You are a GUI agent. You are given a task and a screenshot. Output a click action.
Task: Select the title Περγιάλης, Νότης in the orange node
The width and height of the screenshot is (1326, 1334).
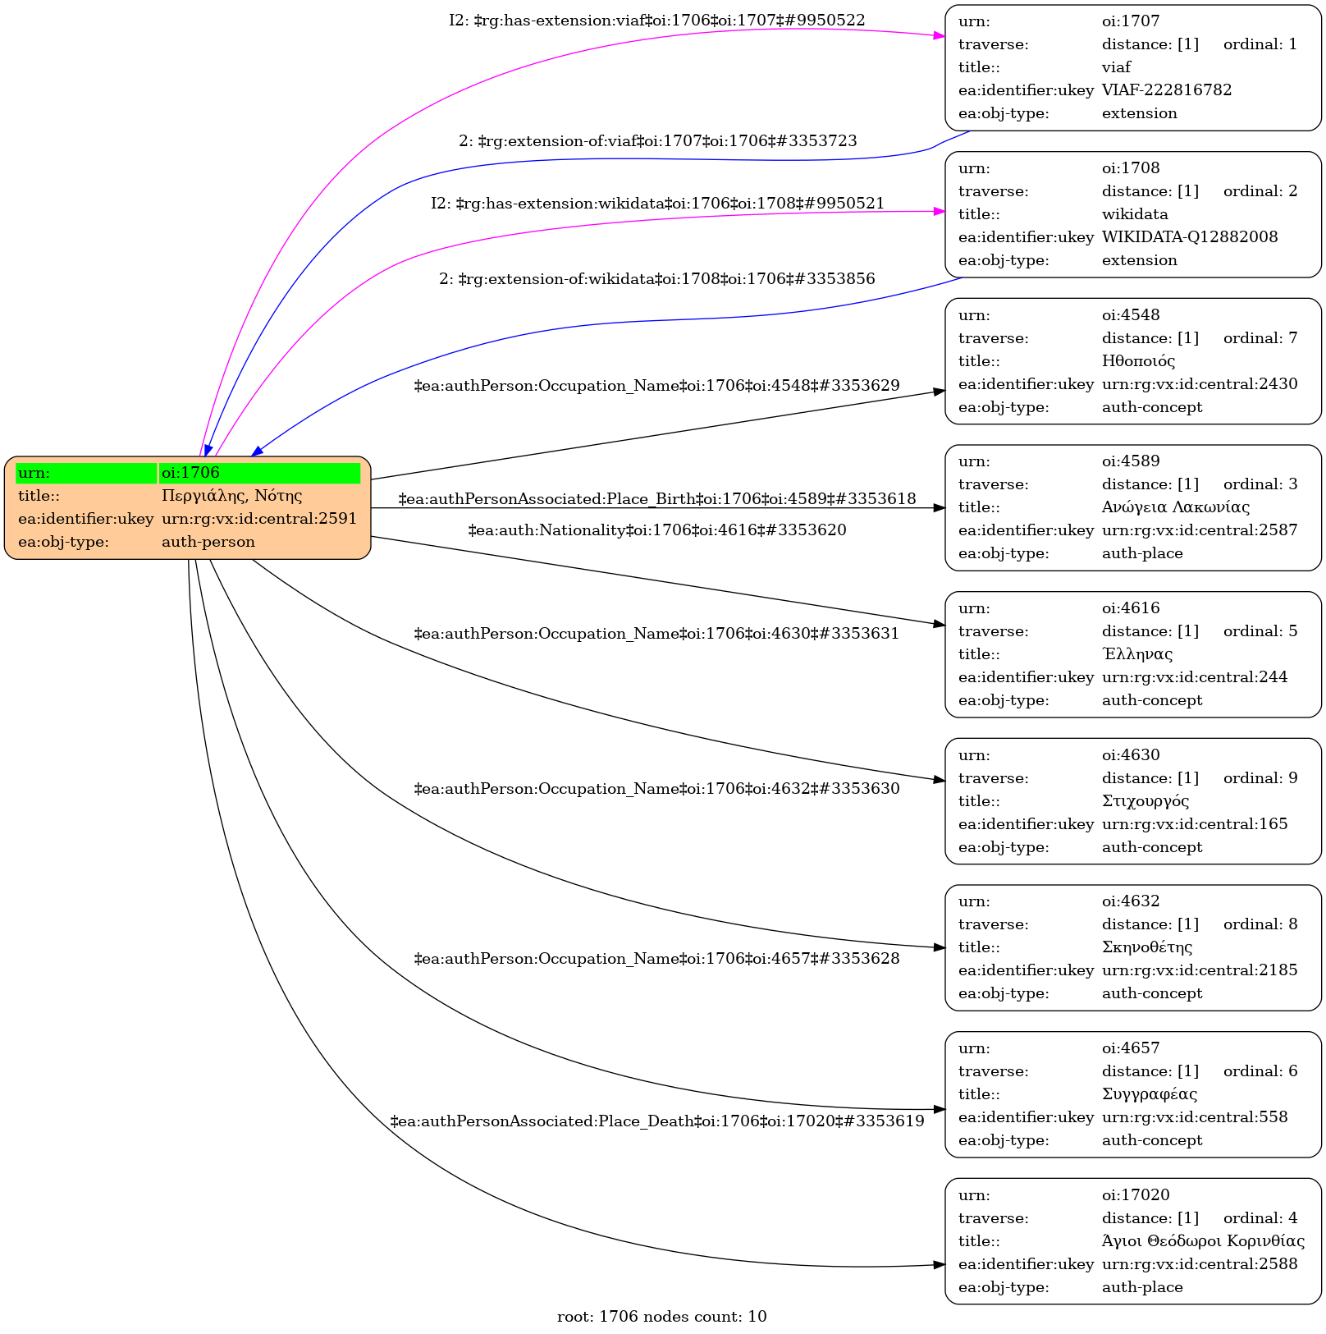point(232,496)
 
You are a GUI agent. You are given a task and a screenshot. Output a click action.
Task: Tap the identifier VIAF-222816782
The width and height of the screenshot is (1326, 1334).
point(1167,90)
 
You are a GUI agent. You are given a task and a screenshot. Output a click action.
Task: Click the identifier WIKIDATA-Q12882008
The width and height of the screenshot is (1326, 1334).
point(1190,237)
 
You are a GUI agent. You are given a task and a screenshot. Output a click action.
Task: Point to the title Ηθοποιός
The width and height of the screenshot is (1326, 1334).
point(1139,361)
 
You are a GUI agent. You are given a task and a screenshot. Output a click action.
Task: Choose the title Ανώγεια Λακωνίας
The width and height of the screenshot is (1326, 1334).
point(1176,507)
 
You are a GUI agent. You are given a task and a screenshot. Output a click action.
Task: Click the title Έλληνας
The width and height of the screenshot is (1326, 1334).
point(1137,654)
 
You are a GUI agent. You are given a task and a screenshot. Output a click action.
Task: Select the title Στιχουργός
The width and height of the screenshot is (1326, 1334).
point(1145,801)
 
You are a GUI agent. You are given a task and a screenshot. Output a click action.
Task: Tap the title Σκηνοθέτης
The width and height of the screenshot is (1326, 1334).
point(1147,947)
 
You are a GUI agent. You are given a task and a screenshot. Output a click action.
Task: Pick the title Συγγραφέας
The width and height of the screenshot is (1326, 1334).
point(1150,1094)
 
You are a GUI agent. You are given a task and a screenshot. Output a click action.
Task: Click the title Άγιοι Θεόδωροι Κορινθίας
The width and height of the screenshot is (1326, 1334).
point(1203,1241)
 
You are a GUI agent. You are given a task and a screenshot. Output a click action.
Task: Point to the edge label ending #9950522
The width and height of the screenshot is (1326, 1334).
point(656,21)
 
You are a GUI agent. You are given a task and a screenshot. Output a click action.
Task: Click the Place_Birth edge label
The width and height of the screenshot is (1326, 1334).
point(657,499)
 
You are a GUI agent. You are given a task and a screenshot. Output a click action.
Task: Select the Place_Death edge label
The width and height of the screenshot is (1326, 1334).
point(657,1121)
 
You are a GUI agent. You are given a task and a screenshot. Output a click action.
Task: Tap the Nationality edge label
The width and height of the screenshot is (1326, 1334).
point(657,530)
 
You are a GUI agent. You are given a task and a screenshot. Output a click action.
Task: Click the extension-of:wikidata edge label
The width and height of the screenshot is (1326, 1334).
point(657,279)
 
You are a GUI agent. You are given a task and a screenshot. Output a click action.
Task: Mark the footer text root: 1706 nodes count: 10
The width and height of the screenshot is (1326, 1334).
point(662,1317)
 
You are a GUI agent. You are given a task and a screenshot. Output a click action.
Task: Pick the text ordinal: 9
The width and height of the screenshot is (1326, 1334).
point(1260,778)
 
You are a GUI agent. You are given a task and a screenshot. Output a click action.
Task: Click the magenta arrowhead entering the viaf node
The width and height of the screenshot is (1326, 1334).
point(940,35)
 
